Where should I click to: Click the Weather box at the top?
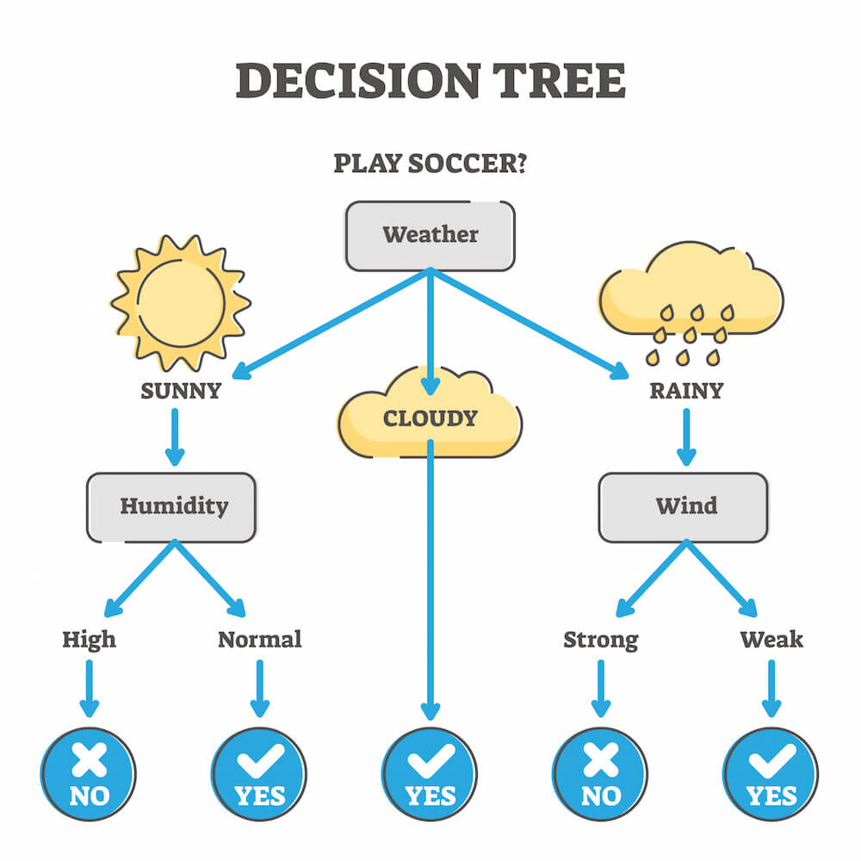pos(430,235)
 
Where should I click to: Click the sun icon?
pos(180,302)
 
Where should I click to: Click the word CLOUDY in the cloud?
pos(430,418)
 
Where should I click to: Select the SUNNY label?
pos(180,391)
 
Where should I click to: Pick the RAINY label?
pos(686,391)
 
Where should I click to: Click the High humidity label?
pos(89,640)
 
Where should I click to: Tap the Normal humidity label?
pos(259,640)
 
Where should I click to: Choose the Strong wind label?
pos(600,640)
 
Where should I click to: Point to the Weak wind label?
pos(771,640)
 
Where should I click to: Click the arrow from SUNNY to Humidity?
pos(175,436)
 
